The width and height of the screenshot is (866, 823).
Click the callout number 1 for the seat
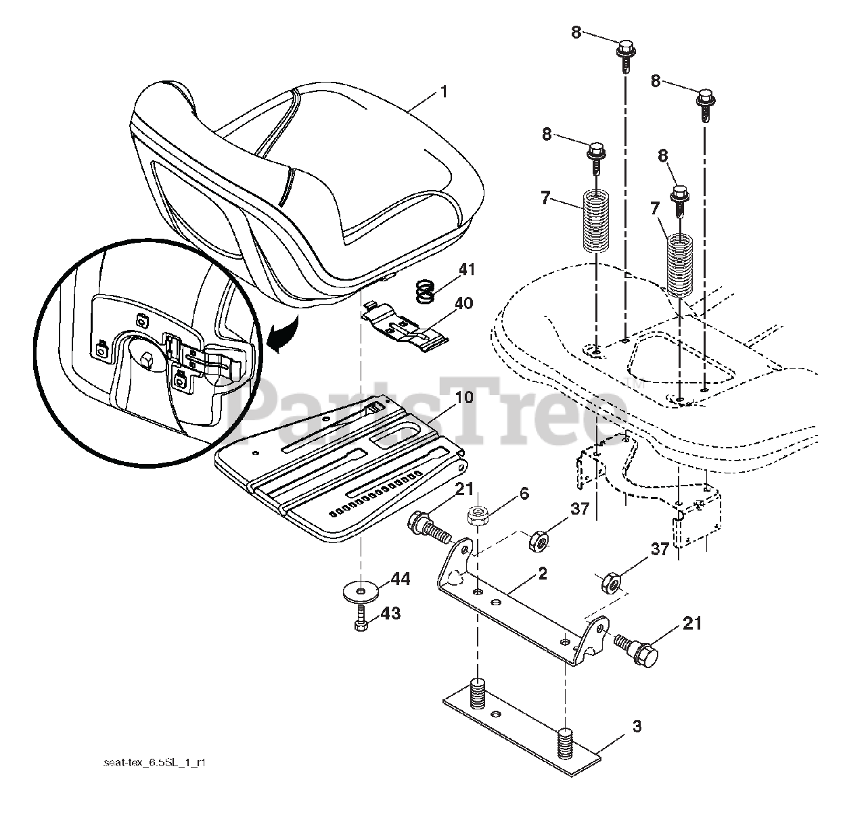443,91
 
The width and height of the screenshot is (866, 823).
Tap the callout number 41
467,271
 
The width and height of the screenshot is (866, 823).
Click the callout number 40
464,304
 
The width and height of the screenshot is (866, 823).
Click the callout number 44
400,579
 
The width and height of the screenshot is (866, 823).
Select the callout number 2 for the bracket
542,573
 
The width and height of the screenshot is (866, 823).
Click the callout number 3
636,727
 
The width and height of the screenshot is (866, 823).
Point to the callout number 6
523,495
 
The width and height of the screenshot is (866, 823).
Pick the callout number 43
390,613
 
